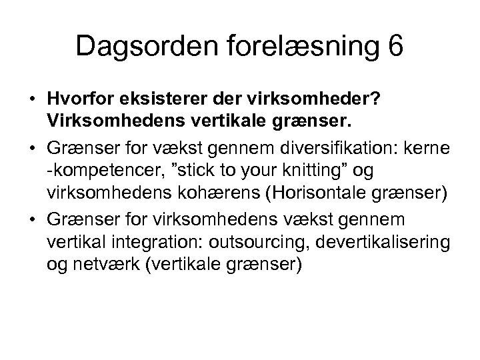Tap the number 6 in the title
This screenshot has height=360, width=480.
click(393, 47)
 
